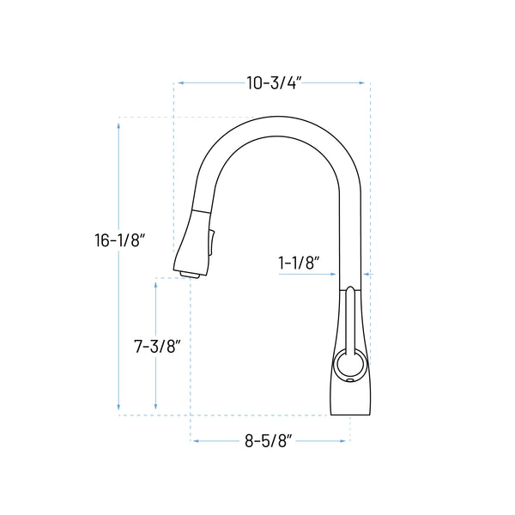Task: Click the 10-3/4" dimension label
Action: point(274,83)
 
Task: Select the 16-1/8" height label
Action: point(119,241)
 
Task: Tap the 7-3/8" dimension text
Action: point(157,347)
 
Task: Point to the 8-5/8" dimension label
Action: point(270,441)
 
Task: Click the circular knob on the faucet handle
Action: point(348,364)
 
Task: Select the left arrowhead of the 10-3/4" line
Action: point(179,83)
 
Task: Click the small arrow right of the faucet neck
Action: point(367,274)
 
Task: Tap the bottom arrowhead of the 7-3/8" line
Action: point(155,407)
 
